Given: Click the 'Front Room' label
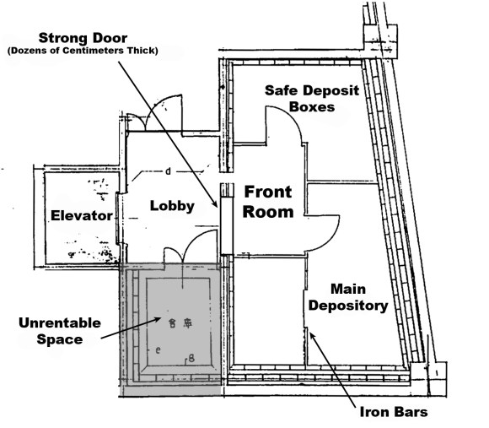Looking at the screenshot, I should tap(269, 202).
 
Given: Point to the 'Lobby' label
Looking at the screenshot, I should tap(172, 205).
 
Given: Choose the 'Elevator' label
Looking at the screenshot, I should tap(80, 215).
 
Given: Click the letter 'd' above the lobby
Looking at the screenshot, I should tap(169, 172).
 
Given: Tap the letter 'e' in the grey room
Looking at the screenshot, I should tap(159, 348).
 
